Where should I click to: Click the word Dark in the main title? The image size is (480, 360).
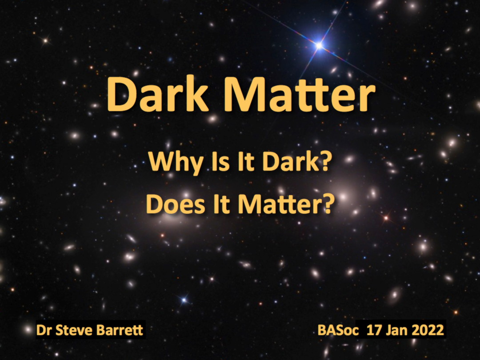pyautogui.click(x=158, y=94)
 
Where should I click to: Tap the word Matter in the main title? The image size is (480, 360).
pyautogui.click(x=300, y=94)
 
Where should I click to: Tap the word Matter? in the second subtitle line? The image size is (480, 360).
pyautogui.click(x=285, y=204)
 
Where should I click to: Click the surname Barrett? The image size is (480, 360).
pyautogui.click(x=120, y=330)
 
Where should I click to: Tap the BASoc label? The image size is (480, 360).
pyautogui.click(x=338, y=330)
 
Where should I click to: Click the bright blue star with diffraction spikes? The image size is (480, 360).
pyautogui.click(x=319, y=46)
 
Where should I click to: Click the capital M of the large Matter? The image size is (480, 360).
pyautogui.click(x=244, y=94)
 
